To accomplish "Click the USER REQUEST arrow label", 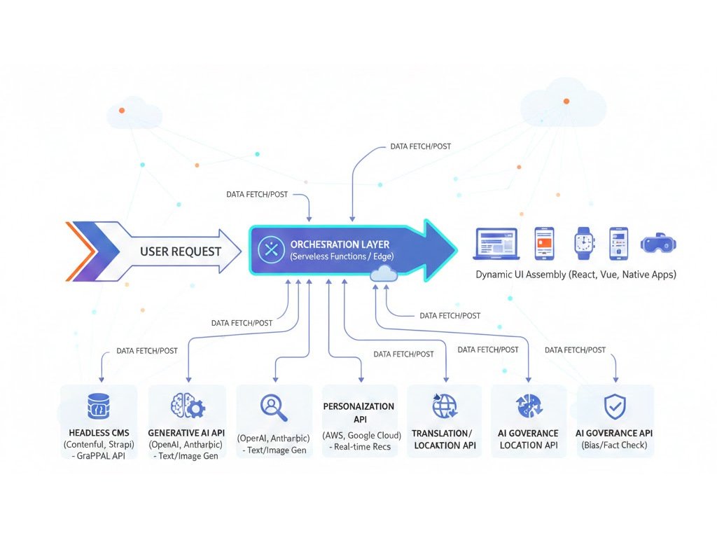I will pyautogui.click(x=181, y=251).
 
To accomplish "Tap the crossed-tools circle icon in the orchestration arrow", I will pyautogui.click(x=269, y=249).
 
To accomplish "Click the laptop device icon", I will pyautogui.click(x=496, y=242).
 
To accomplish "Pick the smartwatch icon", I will pyautogui.click(x=583, y=242).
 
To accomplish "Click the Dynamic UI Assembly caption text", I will pyautogui.click(x=576, y=275).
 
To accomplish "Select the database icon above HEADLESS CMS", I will pyautogui.click(x=98, y=406).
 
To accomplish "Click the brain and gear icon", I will pyautogui.click(x=187, y=406).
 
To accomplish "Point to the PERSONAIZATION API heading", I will pyautogui.click(x=358, y=412).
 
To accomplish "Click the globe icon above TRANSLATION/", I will pyautogui.click(x=445, y=406).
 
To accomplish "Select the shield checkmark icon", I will pyautogui.click(x=614, y=406).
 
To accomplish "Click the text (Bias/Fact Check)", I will pyautogui.click(x=614, y=446).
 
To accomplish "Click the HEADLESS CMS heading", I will pyautogui.click(x=98, y=433).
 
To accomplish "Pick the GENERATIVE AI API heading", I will pyautogui.click(x=187, y=433).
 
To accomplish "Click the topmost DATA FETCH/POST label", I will pyautogui.click(x=420, y=147).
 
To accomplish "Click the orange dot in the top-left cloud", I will pyautogui.click(x=123, y=111).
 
